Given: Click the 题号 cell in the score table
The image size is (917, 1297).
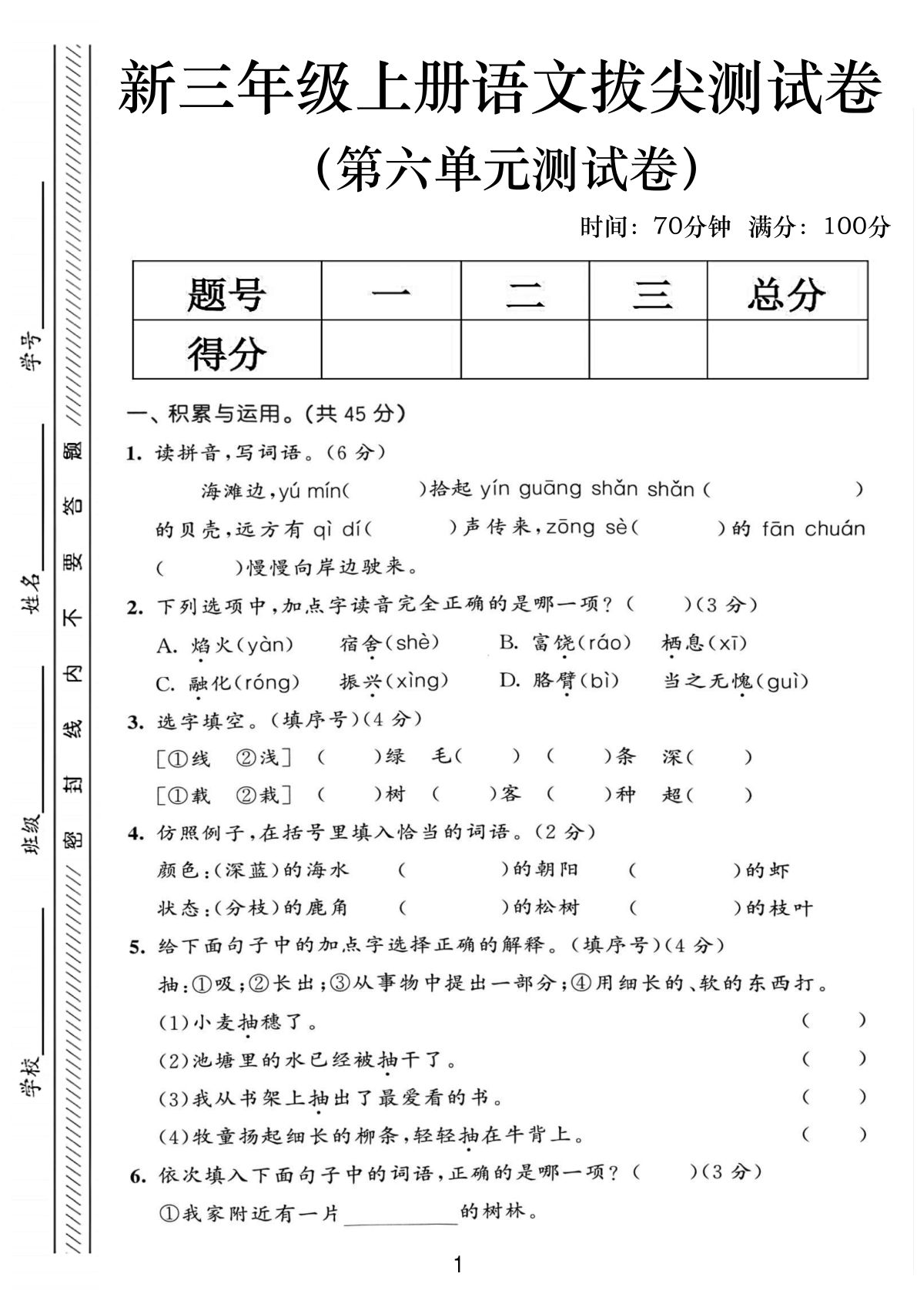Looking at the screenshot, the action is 226,293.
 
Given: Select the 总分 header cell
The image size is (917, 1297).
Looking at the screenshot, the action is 786,293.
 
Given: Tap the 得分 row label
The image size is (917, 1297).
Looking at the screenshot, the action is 226,351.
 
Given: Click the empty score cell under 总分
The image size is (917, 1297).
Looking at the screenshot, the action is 786,350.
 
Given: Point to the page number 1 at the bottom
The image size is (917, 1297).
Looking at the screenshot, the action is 458,1265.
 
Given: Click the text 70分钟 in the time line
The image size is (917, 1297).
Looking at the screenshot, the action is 691,226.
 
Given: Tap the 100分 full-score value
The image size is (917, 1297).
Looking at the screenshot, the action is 856,226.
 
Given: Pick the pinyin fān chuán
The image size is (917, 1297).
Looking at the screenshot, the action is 813,529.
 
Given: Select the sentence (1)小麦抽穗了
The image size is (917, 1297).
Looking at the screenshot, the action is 238,1023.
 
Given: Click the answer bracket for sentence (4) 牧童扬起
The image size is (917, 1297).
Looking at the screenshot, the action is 834,1134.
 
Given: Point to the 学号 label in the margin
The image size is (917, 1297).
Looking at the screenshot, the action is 32,351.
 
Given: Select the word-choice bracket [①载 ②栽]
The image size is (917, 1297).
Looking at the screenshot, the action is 224,794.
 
